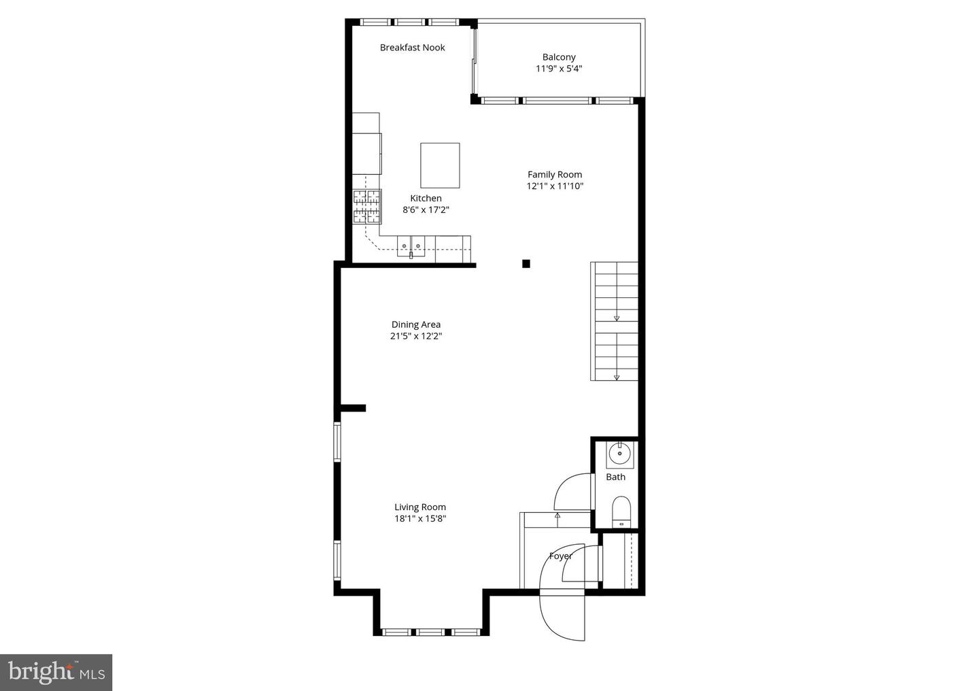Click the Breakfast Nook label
coord(412,47)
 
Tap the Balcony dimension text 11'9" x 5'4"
coord(559,69)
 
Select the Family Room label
coord(555,175)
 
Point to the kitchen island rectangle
coord(440,165)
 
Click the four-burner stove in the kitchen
coord(367,207)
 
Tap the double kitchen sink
coord(411,246)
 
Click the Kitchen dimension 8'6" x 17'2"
coord(426,210)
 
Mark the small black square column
coord(526,264)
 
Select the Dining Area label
coord(415,324)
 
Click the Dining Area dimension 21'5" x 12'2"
coord(416,336)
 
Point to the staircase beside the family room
coord(614,321)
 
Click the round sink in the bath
coord(620,454)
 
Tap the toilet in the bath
coord(621,511)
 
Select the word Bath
coord(615,477)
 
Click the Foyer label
coord(561,556)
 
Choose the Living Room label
coord(420,507)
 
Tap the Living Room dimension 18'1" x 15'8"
coord(420,519)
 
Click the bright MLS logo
coord(56,672)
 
